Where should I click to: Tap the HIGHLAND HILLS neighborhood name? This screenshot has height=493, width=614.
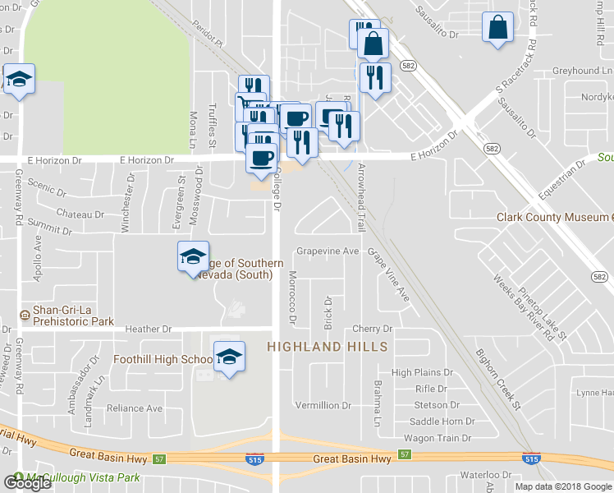coord(327,348)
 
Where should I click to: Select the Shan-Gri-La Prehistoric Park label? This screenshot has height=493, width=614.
coord(73,316)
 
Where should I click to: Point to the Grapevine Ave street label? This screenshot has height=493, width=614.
coord(328,251)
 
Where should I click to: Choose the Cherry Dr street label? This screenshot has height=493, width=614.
coord(373,329)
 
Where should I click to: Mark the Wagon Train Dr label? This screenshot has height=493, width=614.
coord(433,440)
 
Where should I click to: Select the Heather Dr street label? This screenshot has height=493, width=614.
coord(150,329)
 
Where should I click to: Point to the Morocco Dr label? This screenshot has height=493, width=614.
coord(293,296)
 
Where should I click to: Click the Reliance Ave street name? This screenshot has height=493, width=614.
coord(135,408)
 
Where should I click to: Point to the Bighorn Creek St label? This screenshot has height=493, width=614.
coord(498,379)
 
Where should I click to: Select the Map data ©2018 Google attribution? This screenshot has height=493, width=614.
coord(562,486)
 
